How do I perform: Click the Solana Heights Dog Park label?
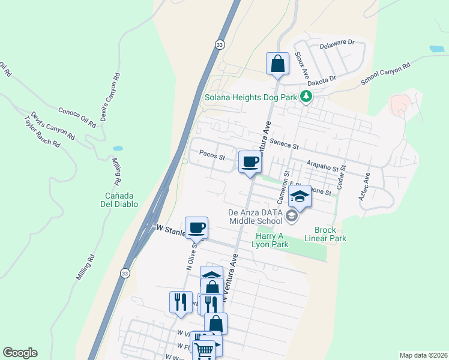[251, 97]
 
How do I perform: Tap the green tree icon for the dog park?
[307, 96]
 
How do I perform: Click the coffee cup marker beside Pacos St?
[250, 161]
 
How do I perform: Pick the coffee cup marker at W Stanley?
[196, 229]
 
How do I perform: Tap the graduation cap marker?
[300, 196]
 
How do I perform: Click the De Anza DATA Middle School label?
[255, 216]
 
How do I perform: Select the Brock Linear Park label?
[330, 234]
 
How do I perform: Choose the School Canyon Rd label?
[385, 74]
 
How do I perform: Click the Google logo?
[20, 353]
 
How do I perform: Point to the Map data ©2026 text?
[423, 355]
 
